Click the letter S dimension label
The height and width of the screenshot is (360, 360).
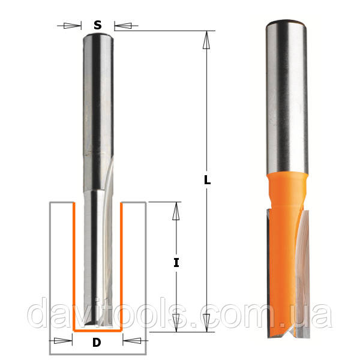coord(98,25)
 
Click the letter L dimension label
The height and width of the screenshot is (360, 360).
coord(208,180)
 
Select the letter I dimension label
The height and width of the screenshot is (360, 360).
coord(176,263)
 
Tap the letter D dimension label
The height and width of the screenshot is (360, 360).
coord(97,343)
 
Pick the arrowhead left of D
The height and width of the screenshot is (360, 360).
coord(63,341)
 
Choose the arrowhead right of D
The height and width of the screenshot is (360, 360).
coord(132,341)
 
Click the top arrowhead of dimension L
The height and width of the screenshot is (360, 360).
coord(206,40)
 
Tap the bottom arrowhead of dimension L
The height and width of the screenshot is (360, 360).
coord(206,323)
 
